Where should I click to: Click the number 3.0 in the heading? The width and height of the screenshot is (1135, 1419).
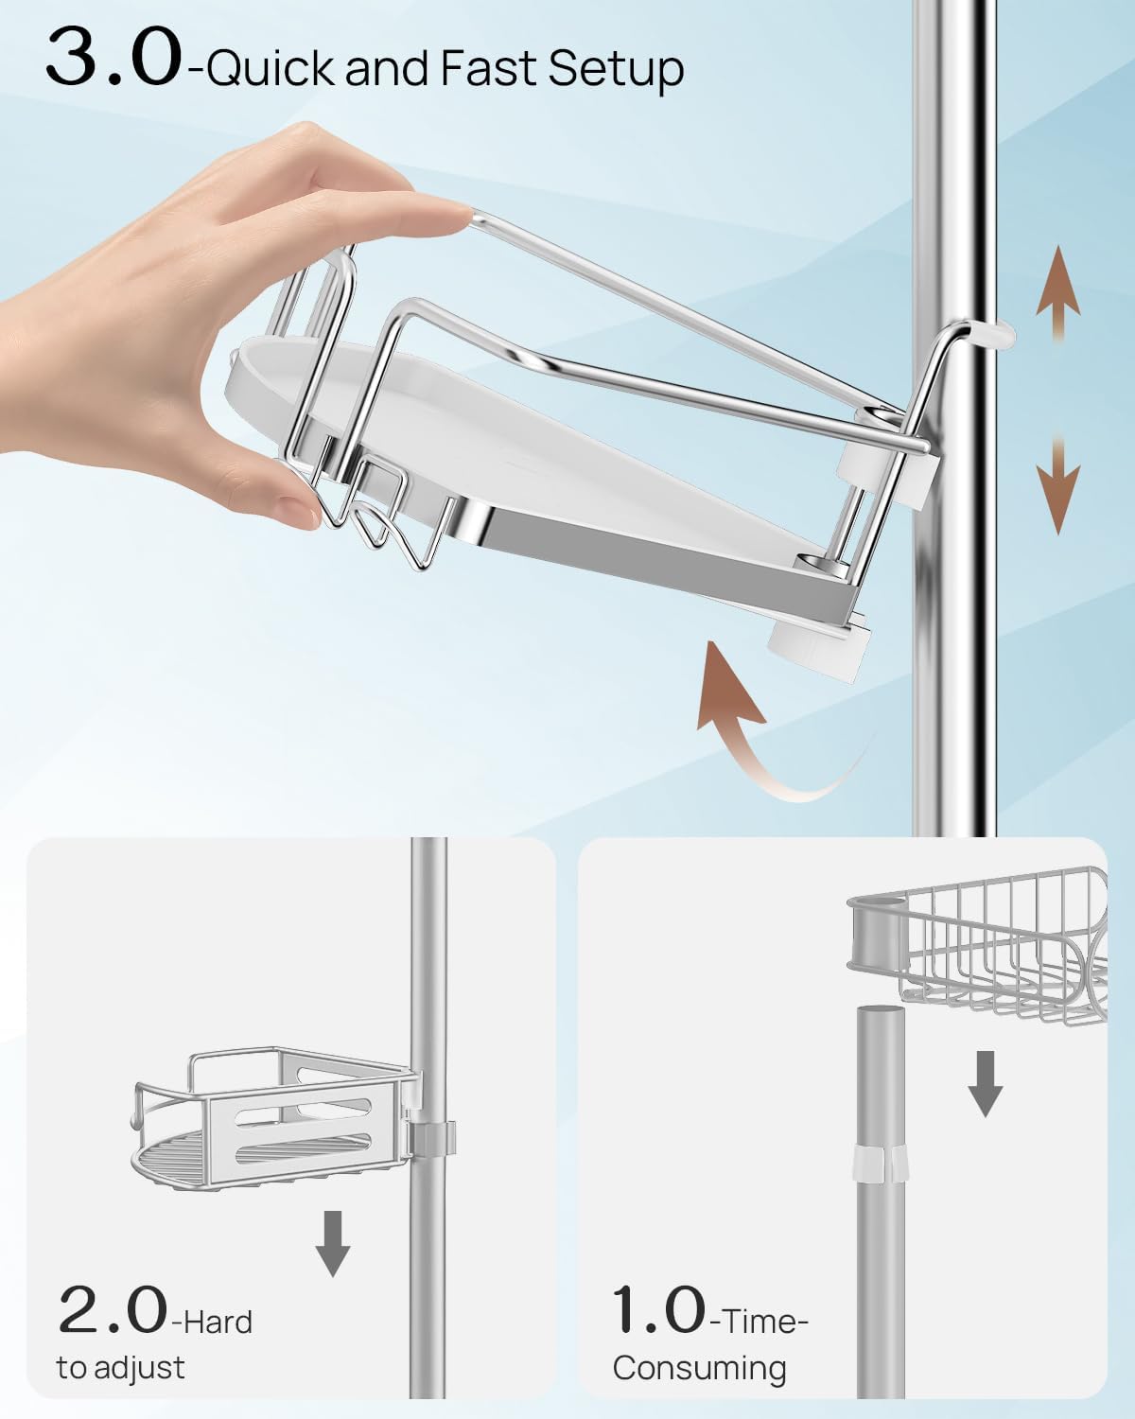point(112,60)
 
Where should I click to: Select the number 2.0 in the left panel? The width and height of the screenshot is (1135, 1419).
point(112,1310)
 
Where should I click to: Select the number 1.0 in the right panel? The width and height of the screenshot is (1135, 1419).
point(659,1310)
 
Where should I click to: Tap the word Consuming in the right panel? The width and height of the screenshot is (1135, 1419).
point(699,1369)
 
